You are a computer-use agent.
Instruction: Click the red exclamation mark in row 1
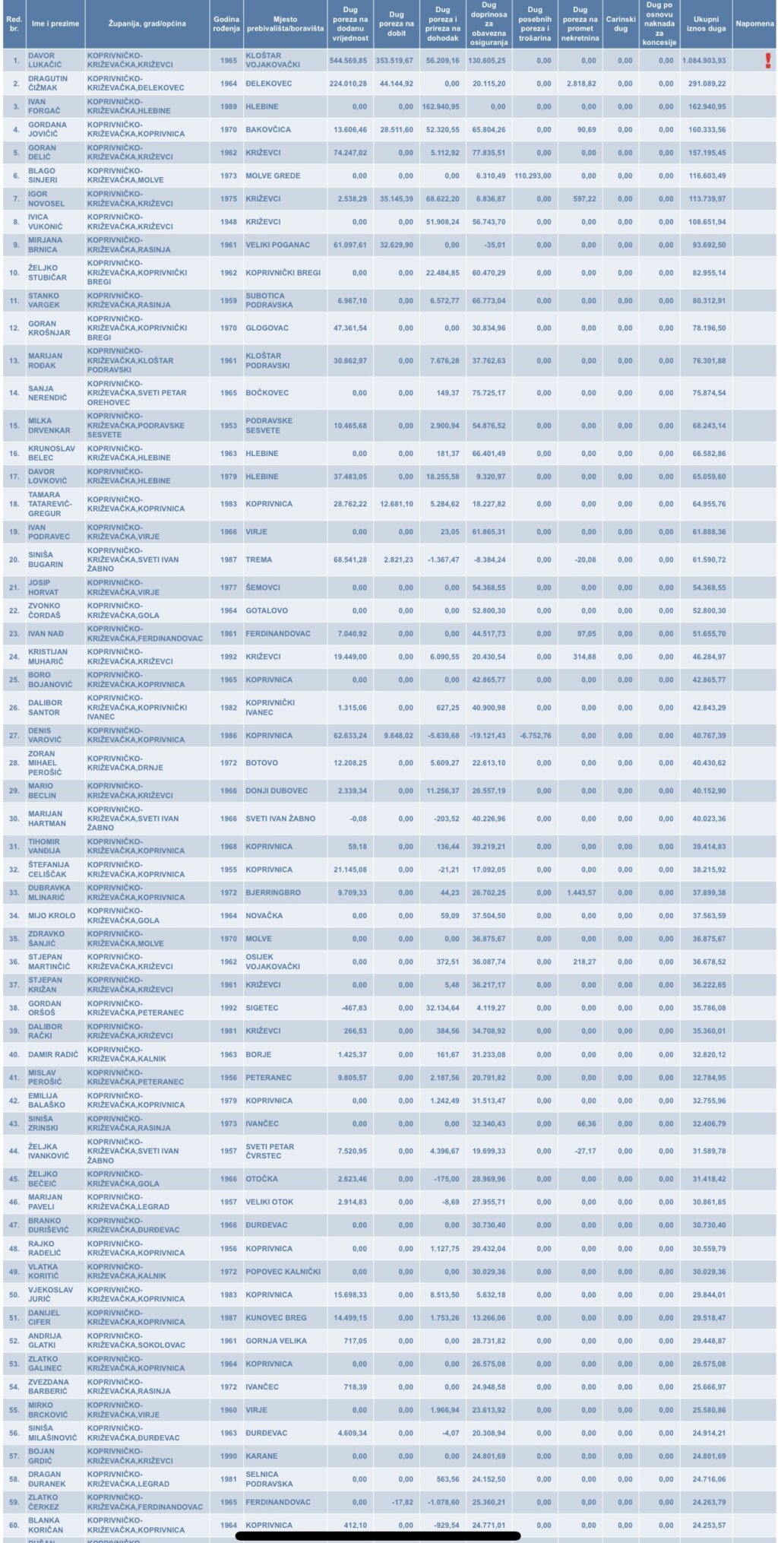(x=768, y=61)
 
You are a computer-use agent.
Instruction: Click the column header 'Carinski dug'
(x=621, y=24)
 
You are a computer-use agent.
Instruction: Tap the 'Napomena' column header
(x=754, y=24)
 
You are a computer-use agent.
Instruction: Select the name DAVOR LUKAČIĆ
(x=45, y=60)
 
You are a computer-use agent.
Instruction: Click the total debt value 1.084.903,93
(x=704, y=61)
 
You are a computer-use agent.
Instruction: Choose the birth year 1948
(x=229, y=222)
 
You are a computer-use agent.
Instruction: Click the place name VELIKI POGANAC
(x=277, y=245)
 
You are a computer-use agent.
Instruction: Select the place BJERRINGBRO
(x=273, y=892)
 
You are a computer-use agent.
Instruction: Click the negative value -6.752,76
(x=536, y=735)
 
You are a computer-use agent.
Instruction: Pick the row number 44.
(x=14, y=1151)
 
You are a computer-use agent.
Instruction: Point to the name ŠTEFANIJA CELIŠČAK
(x=49, y=870)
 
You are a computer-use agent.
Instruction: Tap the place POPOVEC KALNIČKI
(x=283, y=1271)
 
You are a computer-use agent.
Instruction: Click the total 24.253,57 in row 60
(x=709, y=1525)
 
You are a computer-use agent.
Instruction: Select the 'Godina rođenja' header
(x=226, y=24)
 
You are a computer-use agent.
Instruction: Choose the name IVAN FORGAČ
(x=44, y=106)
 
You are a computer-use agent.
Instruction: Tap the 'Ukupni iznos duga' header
(x=706, y=24)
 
